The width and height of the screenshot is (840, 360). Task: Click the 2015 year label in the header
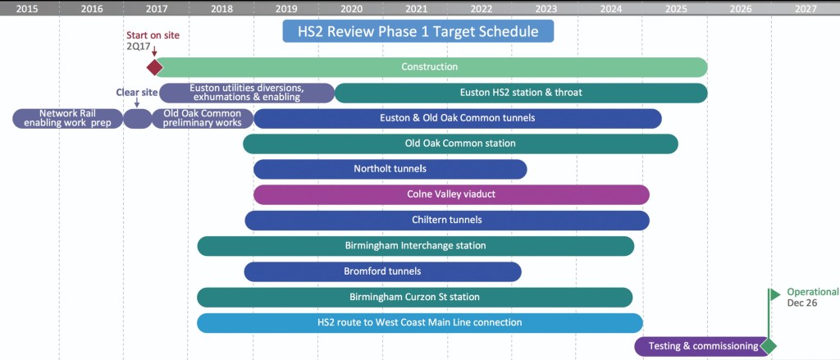[x=27, y=8]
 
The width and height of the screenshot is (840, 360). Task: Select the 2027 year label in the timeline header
[x=806, y=8]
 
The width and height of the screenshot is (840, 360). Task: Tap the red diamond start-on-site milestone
[x=154, y=67]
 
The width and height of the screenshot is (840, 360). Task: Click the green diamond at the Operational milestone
[x=768, y=346]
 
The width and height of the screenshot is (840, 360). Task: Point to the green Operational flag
[x=774, y=294]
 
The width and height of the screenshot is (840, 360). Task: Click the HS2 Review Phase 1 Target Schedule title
[x=418, y=31]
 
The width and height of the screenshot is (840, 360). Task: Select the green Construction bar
[x=431, y=67]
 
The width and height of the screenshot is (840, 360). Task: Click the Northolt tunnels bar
[x=390, y=169]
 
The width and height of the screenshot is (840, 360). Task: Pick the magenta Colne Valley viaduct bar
[x=451, y=194]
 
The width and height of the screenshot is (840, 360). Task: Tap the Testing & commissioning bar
[x=702, y=346]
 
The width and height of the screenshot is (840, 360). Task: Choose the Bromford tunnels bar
[x=382, y=271]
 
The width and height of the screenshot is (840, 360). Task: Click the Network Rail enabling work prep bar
[x=67, y=118]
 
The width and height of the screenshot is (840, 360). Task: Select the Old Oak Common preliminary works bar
[x=203, y=118]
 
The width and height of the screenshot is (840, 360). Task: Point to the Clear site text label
[x=137, y=92]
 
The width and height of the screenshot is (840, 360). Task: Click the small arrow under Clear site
[x=137, y=103]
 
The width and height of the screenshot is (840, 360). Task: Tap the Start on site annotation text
[x=153, y=35]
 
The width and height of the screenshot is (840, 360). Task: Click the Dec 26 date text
[x=802, y=303]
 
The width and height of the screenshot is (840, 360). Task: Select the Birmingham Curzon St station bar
[x=414, y=298]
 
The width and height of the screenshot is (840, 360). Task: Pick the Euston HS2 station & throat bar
[x=521, y=93]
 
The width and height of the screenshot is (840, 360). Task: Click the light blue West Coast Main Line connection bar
[x=420, y=323]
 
